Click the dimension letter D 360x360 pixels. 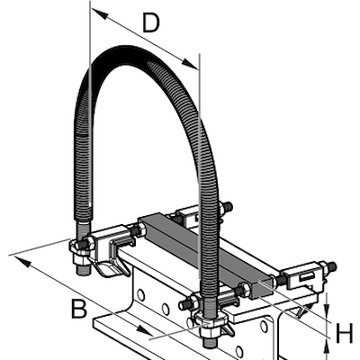click(x=150, y=24)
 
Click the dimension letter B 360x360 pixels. click(x=79, y=310)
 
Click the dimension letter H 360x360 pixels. click(x=343, y=334)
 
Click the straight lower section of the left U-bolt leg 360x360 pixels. click(x=82, y=225)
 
